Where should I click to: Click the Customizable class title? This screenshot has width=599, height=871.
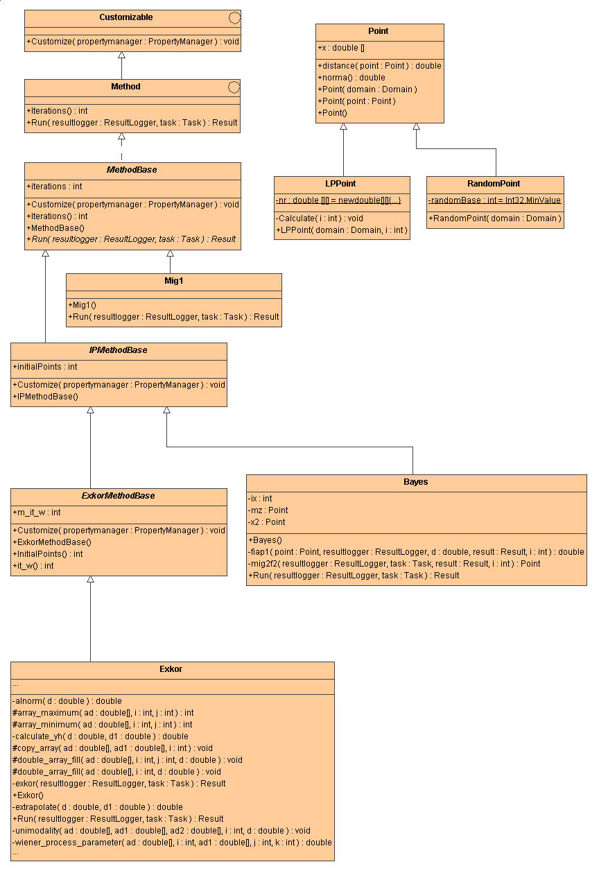[125, 17]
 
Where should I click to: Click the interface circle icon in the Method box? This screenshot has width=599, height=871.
[234, 87]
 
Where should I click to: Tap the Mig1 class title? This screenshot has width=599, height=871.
[173, 281]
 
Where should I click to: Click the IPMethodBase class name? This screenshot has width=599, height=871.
[119, 350]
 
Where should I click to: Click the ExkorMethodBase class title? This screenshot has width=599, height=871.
[119, 496]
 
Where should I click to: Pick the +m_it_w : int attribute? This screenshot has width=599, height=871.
[37, 512]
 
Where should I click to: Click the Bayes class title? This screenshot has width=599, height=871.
[416, 482]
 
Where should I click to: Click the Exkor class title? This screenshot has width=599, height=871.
[171, 669]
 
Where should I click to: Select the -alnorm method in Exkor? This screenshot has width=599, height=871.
[67, 701]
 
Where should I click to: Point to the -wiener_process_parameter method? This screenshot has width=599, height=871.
[172, 843]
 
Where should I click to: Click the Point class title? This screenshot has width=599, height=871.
[379, 31]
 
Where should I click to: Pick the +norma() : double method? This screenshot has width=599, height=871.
[351, 78]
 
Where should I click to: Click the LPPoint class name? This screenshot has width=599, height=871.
[341, 184]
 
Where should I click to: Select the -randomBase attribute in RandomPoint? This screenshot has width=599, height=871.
[494, 200]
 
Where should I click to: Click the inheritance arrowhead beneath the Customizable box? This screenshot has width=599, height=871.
[121, 55]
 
